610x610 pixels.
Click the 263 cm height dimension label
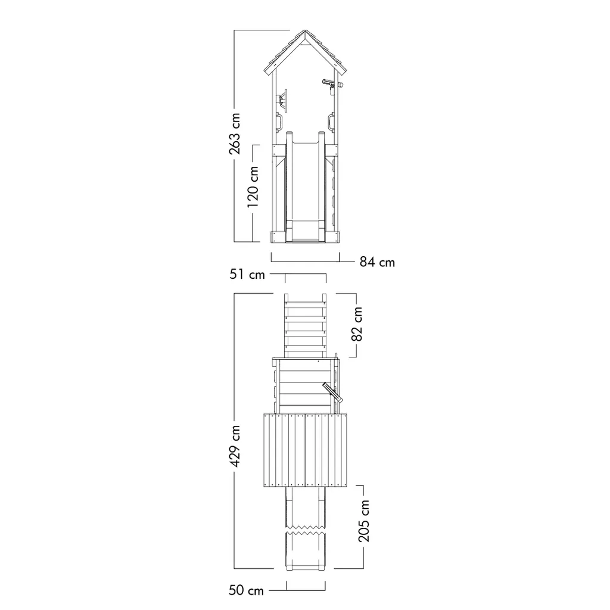click(x=235, y=133)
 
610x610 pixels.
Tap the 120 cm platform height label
click(x=253, y=186)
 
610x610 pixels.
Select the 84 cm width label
click(x=377, y=262)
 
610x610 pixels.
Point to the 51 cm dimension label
click(x=247, y=274)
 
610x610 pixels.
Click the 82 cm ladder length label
click(x=357, y=324)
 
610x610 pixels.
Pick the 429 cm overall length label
click(x=235, y=446)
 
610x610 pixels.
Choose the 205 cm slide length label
click(x=364, y=521)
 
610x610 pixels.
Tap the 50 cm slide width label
click(x=246, y=590)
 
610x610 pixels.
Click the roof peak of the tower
click(x=306, y=30)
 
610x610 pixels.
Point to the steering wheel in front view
click(x=283, y=101)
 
